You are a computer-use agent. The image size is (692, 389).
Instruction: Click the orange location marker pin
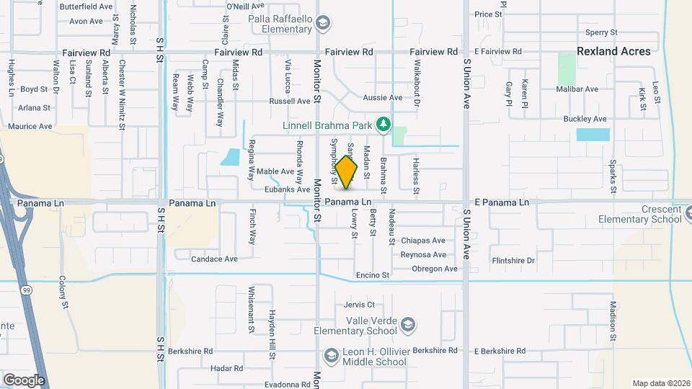coord(346,172)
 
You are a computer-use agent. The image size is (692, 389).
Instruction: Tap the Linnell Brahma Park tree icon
coord(384,125)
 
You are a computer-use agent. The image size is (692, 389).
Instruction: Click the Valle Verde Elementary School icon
coord(409,325)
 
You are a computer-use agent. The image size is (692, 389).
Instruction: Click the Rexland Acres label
coord(613,51)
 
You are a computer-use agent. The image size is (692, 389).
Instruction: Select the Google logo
coord(24,380)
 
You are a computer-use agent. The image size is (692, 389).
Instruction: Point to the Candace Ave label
coord(214,259)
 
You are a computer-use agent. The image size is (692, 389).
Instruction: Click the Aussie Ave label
coord(385,97)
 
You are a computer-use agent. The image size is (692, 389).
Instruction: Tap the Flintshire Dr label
coord(513,260)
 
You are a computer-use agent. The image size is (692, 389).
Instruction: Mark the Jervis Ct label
coord(360,305)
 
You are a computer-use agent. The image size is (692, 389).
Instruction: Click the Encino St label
coord(373,275)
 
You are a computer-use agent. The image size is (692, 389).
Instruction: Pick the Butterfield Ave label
coord(86,6)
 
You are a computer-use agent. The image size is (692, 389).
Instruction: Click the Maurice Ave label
coord(30,126)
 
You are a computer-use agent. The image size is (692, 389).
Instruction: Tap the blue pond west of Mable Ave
coord(230,156)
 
